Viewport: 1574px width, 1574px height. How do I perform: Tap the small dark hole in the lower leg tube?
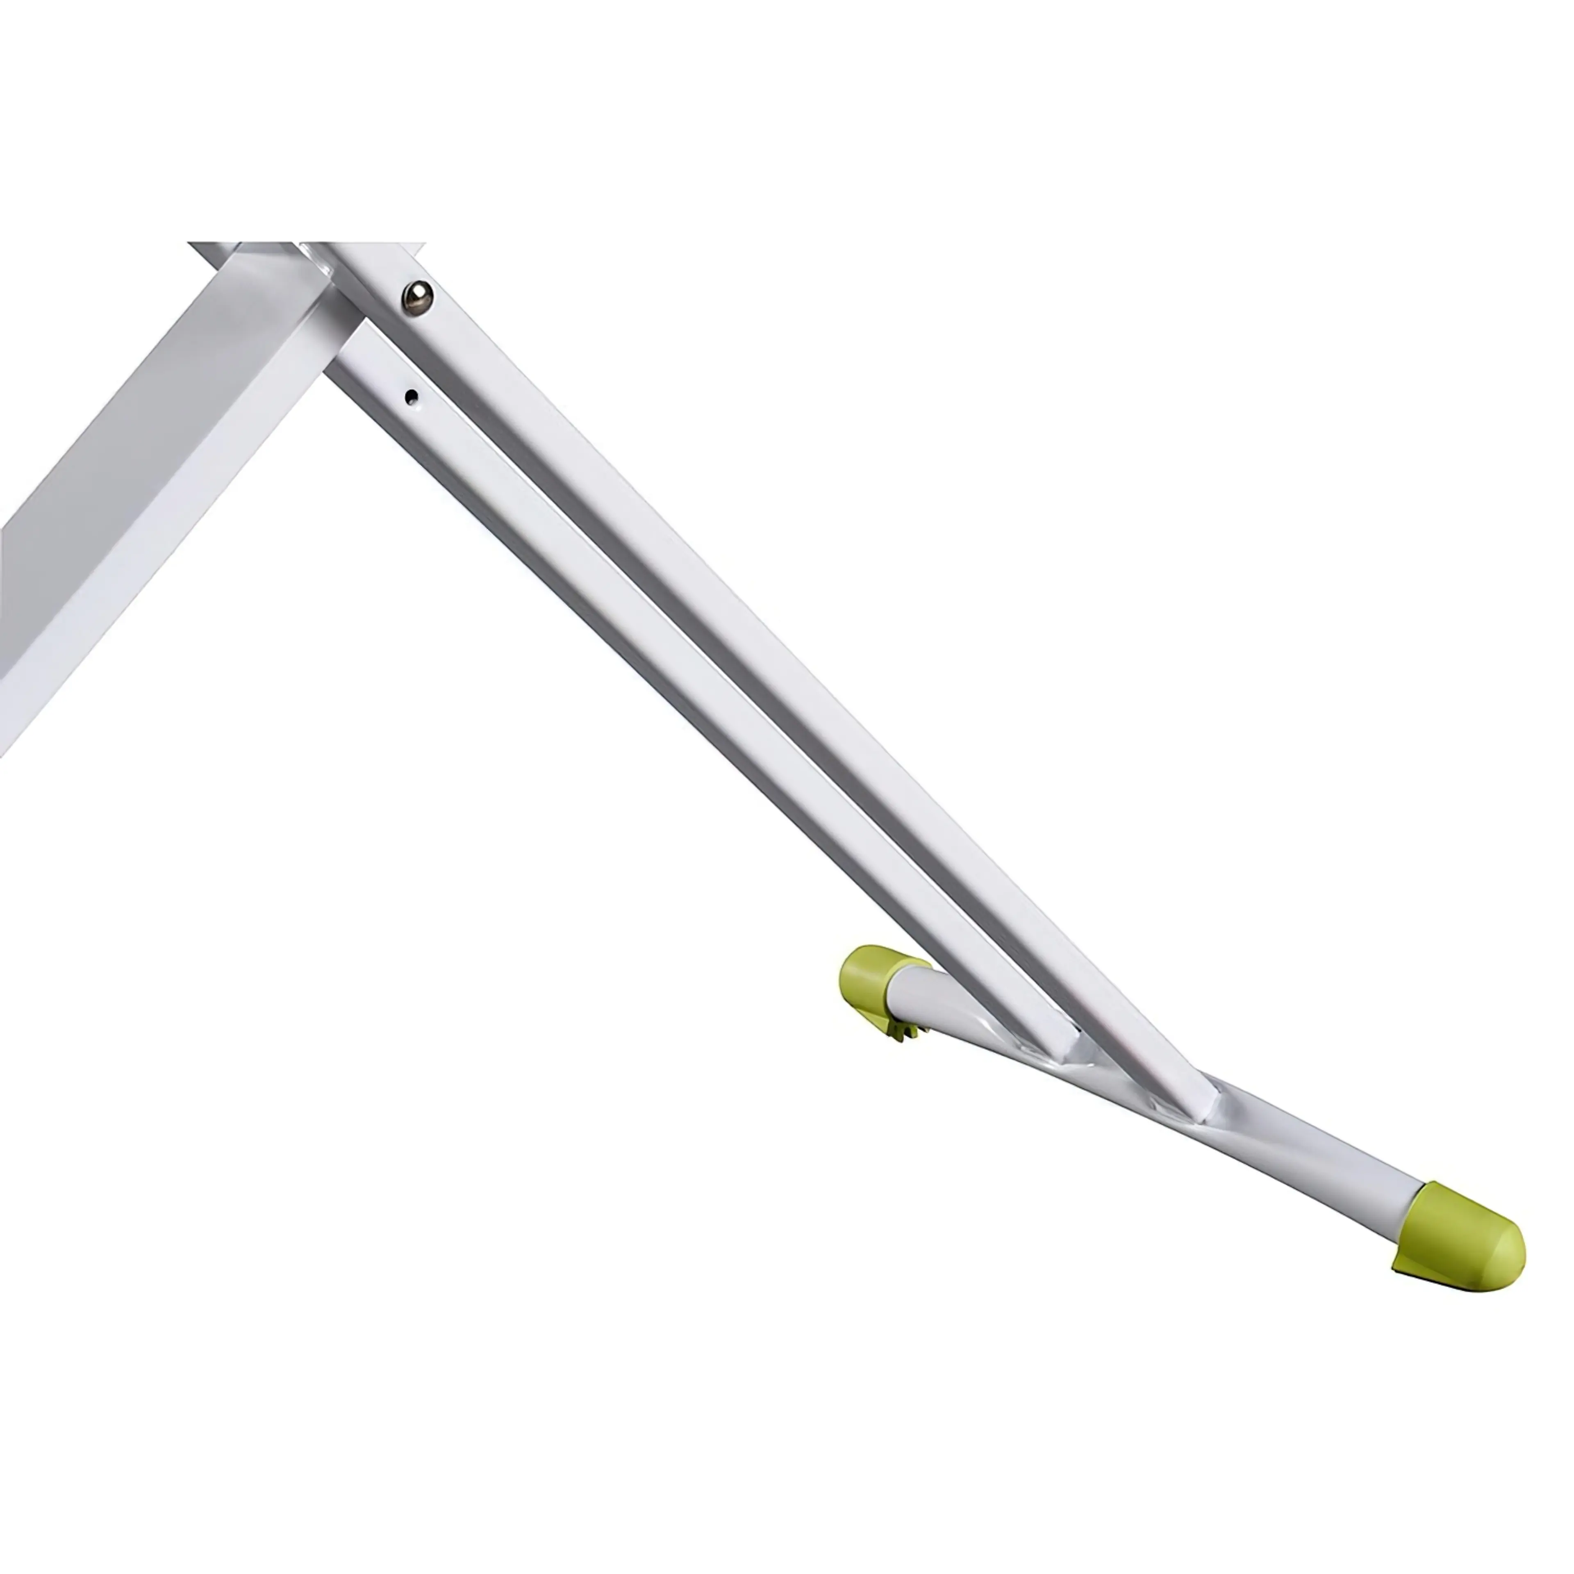coord(412,397)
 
